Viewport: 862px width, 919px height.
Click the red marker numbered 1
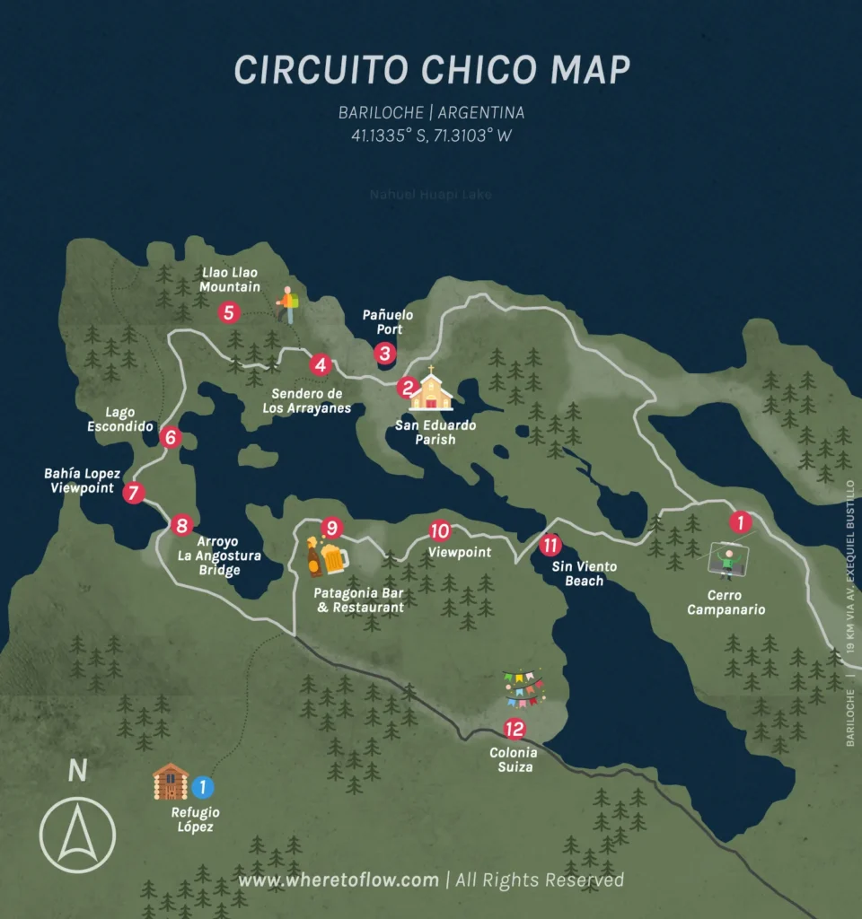(x=740, y=521)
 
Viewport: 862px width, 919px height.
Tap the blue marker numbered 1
(x=203, y=787)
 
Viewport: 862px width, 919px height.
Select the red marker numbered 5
(x=229, y=312)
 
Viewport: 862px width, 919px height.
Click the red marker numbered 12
(x=514, y=728)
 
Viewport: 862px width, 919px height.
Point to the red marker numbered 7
(x=134, y=492)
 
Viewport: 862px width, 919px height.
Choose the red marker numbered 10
(x=439, y=530)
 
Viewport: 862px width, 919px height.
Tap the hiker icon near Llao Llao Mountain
(x=287, y=305)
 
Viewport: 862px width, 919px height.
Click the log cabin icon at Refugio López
(x=170, y=782)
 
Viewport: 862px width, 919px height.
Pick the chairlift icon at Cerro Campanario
(x=728, y=561)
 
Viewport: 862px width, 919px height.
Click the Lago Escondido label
(x=119, y=419)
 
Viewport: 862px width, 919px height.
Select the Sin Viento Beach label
(x=577, y=573)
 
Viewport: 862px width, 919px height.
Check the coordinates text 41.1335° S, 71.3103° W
(x=432, y=136)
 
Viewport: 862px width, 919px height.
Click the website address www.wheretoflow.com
(x=339, y=880)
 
